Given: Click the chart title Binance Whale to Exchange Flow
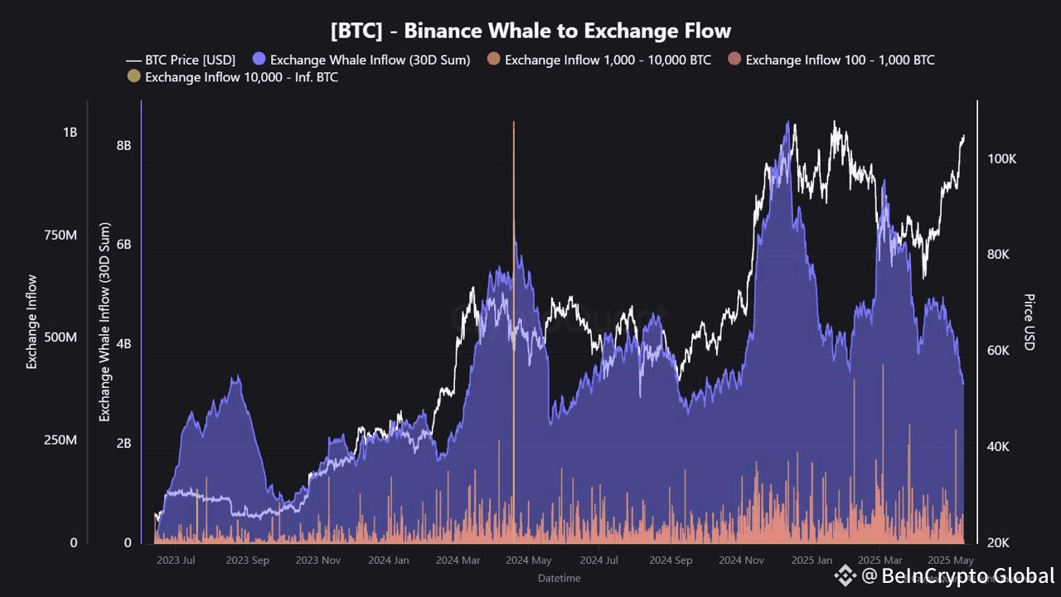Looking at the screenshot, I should coord(530,32).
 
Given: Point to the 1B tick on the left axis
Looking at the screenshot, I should coord(69,133).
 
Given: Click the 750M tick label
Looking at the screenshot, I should coord(60,235).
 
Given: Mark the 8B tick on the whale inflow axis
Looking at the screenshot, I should coord(124,145).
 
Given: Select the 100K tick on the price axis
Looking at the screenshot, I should coord(1001,159).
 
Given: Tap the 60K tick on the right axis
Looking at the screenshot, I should coord(997,351).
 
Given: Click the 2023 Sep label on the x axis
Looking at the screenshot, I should coord(248,561).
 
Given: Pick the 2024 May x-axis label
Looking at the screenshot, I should coord(530,561).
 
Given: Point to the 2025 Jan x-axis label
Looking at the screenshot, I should coord(811,561).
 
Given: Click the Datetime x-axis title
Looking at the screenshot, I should coord(559,578).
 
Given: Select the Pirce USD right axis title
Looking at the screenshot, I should coord(1030,322).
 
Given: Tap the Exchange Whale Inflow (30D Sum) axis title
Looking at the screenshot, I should coord(105,322).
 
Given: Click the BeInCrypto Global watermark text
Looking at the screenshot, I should coord(967,575).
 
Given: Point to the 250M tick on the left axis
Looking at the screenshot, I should coord(60,440).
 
